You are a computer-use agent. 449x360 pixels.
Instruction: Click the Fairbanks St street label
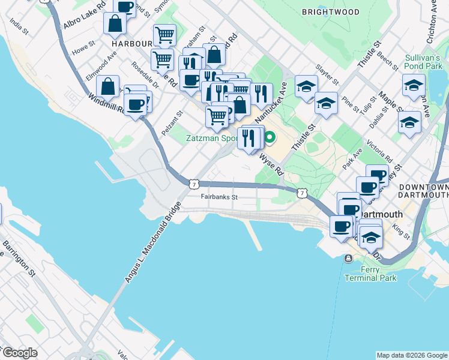tap(220, 197)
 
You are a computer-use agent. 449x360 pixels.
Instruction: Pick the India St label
tap(19, 28)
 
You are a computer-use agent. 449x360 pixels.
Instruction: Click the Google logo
tap(19, 353)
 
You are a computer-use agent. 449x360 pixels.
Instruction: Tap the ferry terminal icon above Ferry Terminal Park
tap(348, 259)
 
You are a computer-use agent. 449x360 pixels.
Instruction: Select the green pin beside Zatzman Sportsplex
tap(270, 138)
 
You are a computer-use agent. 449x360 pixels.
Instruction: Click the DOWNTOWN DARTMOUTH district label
tap(423, 191)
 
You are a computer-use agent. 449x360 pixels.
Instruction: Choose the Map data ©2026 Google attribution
tap(412, 355)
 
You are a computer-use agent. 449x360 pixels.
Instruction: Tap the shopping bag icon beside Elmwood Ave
tap(108, 86)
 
